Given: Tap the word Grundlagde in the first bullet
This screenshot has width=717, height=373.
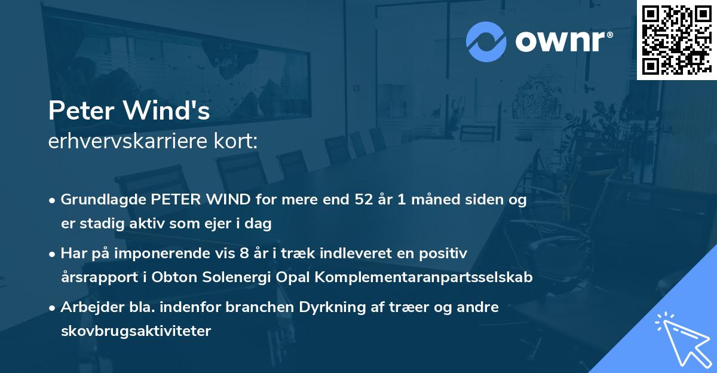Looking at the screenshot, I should (x=98, y=200).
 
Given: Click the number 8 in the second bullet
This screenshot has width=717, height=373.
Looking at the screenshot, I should (x=243, y=253).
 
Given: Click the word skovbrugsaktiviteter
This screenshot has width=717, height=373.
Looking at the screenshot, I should (x=136, y=331).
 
